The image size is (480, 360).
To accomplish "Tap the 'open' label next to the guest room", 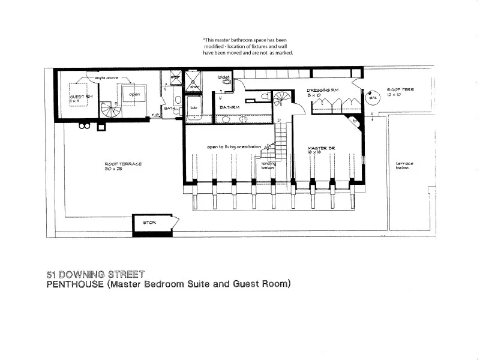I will pos(134,94).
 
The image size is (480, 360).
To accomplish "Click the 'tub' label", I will pos(193,108).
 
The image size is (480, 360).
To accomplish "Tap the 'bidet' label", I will pos(223,77).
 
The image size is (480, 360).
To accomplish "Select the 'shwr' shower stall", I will pos(193,83).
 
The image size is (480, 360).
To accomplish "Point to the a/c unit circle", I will pos(372,98).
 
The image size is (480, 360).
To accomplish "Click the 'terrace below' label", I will pos(402,166).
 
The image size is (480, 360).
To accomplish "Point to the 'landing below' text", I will pos(268,165).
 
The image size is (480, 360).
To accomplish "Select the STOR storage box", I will pos(150,222).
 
